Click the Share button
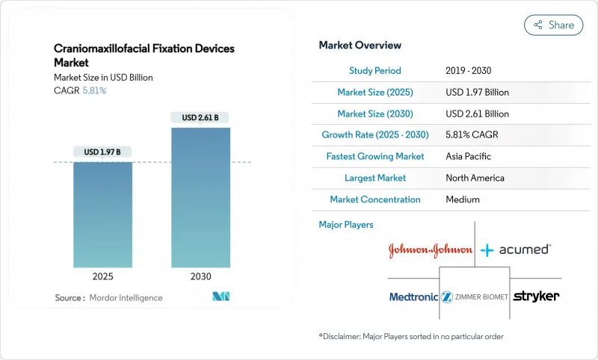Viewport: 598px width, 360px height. tap(553, 25)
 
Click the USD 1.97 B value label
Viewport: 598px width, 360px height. tap(102, 152)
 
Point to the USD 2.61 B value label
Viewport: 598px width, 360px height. tap(200, 118)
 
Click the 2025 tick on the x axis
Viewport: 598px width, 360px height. tap(102, 276)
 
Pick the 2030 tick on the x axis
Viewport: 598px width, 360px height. tap(200, 276)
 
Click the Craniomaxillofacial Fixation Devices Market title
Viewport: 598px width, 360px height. tap(144, 56)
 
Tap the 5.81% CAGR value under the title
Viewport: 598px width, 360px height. tap(93, 90)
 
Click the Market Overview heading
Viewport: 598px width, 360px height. tap(360, 46)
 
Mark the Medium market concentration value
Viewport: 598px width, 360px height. tap(464, 199)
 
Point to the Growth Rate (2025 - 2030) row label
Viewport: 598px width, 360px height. tap(374, 135)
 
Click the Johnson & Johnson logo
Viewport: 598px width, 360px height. tap(430, 250)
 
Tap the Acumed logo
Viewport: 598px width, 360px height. tap(516, 249)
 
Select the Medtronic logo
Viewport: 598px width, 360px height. tap(413, 297)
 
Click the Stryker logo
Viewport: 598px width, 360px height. tap(537, 297)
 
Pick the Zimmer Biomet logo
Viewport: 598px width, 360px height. tap(475, 297)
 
